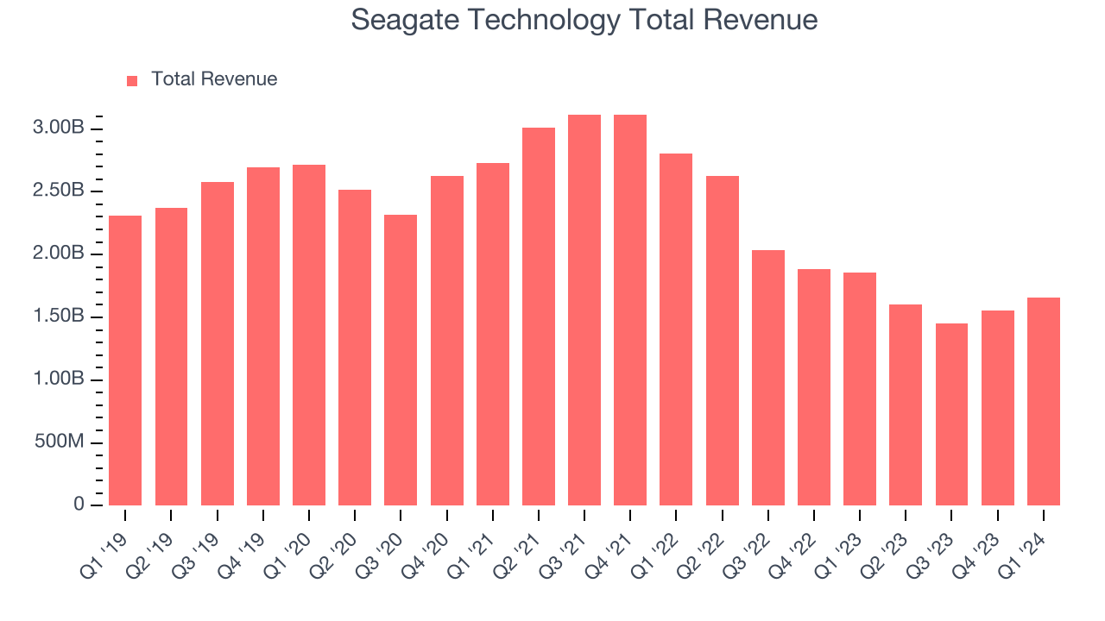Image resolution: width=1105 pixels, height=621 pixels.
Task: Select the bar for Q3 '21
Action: point(584,310)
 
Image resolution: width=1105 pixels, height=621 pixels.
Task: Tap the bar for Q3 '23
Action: point(951,414)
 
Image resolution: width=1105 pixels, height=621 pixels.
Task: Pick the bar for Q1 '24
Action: point(1043,401)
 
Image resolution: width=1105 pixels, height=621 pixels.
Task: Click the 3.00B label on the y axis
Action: point(60,129)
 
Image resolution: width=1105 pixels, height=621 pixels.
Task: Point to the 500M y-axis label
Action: point(60,442)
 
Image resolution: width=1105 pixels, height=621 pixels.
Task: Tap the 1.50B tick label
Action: point(60,317)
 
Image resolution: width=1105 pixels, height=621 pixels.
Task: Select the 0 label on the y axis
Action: point(79,505)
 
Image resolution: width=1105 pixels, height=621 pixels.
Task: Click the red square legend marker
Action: point(132,80)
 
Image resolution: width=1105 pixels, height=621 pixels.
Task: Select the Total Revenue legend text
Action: point(214,79)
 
